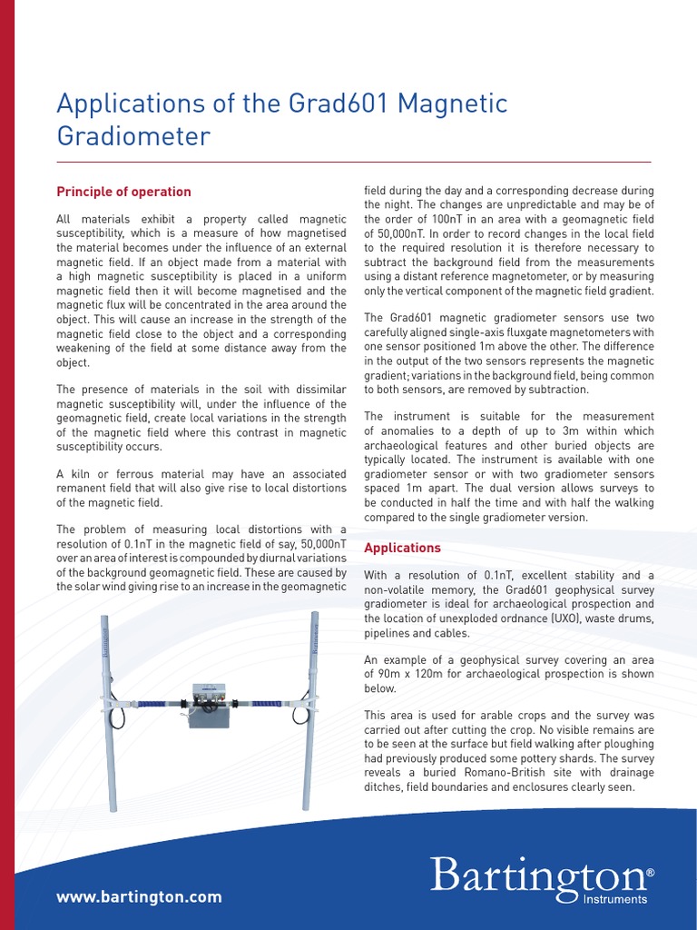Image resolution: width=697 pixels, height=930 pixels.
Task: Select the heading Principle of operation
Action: pos(123,192)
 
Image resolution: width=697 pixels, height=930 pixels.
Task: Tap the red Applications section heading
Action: pos(402,548)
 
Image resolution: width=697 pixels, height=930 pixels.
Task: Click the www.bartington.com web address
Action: pos(139,896)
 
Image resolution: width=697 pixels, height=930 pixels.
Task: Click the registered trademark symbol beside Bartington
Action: pos(650,873)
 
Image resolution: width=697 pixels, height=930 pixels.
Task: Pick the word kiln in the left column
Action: pos(83,474)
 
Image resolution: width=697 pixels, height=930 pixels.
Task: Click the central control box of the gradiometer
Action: pos(209,706)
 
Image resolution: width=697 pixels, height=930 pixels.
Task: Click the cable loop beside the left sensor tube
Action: pos(119,717)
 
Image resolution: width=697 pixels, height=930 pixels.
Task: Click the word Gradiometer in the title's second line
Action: pos(133,136)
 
